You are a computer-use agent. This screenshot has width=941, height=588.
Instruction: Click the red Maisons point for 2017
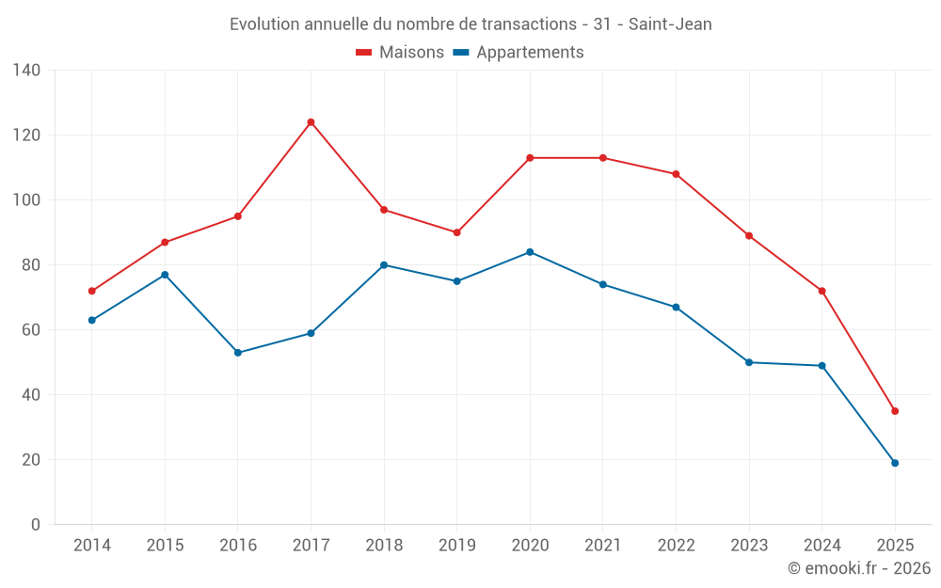tap(311, 122)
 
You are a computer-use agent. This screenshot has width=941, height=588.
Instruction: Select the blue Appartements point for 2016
tap(238, 353)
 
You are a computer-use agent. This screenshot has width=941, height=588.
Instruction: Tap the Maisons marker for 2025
tap(895, 411)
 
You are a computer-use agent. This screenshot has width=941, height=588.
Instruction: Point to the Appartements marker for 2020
tap(530, 252)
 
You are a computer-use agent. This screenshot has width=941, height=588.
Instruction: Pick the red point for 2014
tap(92, 291)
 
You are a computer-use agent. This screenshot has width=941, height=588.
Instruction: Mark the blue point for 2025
tap(895, 463)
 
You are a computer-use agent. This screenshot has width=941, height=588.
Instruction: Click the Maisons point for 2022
tap(676, 174)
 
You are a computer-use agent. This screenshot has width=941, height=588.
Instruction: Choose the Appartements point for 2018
tap(384, 265)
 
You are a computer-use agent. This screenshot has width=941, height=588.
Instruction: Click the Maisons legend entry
tap(401, 53)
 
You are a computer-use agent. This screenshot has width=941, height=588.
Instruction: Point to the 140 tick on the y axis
tap(27, 71)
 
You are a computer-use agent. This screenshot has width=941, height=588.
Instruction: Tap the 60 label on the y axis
tap(31, 330)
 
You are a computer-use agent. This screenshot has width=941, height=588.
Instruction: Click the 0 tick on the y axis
tap(36, 525)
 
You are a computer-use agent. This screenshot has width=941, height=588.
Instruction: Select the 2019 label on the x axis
tap(456, 546)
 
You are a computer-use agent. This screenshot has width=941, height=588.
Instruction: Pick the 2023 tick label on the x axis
tap(749, 546)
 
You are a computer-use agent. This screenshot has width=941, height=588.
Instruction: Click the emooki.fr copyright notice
tap(858, 568)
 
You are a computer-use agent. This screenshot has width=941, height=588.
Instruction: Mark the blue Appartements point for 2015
tap(165, 275)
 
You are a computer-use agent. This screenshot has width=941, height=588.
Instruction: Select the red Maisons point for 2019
tap(456, 232)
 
